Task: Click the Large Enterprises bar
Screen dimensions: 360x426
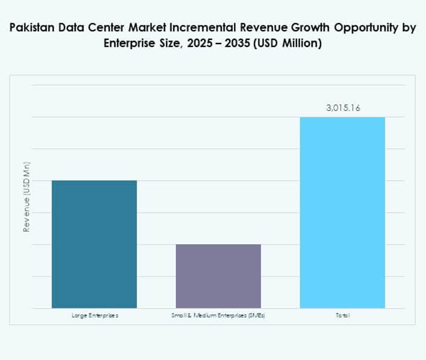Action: (x=94, y=244)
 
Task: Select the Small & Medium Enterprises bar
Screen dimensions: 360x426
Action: (x=218, y=276)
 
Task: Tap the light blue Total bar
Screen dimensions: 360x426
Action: (x=342, y=212)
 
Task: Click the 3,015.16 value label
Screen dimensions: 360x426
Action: (x=343, y=108)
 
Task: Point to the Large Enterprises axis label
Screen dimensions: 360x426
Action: (x=95, y=316)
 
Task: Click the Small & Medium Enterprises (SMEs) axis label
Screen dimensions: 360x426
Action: (x=218, y=316)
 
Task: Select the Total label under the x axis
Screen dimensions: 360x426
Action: (x=342, y=316)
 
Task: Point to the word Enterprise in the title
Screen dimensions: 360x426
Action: (x=127, y=44)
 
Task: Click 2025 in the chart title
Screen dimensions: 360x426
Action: (x=198, y=44)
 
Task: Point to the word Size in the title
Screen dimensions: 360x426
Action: (x=168, y=44)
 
